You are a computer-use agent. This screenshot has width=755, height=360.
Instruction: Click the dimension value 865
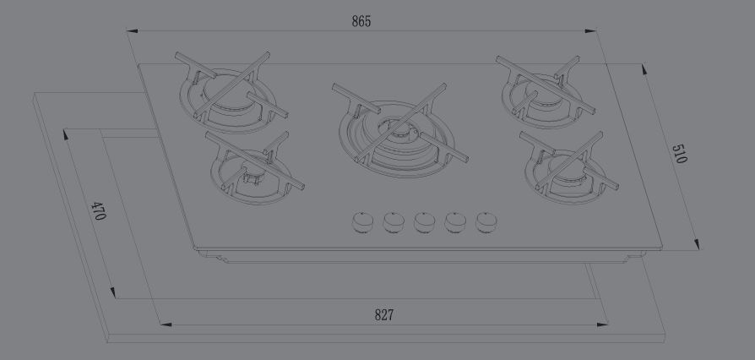(361, 21)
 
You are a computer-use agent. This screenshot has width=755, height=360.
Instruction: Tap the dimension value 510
(679, 154)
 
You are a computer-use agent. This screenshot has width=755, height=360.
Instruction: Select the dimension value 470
(98, 210)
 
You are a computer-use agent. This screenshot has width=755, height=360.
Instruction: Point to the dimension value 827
(383, 315)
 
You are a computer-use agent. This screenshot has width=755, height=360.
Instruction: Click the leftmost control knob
(362, 222)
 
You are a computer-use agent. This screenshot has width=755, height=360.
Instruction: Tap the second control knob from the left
(394, 222)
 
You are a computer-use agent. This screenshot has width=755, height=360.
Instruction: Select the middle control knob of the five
(424, 222)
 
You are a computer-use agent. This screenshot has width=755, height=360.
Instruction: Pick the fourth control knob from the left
(455, 222)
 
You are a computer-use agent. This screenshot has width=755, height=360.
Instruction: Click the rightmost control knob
(486, 222)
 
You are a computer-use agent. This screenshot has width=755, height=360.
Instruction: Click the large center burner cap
(395, 129)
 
